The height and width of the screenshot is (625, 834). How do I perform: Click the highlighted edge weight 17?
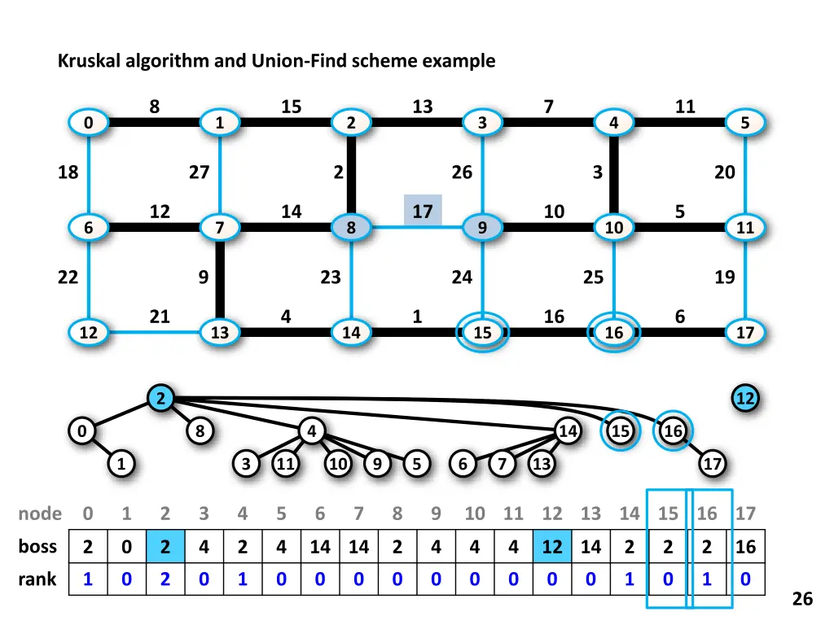[423, 212]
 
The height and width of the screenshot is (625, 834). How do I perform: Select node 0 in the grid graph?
[88, 123]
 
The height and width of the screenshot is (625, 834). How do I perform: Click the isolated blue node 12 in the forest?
[745, 399]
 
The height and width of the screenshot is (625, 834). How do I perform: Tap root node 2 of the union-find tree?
[161, 399]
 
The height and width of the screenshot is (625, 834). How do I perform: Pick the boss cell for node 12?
[552, 547]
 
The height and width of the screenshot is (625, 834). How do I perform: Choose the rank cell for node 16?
[707, 579]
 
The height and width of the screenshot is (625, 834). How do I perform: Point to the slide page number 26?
[802, 599]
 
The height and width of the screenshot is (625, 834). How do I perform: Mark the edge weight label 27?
[199, 173]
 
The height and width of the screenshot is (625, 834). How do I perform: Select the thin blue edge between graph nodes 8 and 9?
[417, 228]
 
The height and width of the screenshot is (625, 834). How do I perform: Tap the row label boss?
[37, 547]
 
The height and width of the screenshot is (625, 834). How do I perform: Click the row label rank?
[37, 579]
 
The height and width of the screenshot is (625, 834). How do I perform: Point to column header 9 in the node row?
[436, 514]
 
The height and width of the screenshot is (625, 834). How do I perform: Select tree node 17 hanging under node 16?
[713, 464]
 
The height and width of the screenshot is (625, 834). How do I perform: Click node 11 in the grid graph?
[745, 228]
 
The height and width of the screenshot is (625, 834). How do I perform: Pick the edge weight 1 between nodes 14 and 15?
[417, 316]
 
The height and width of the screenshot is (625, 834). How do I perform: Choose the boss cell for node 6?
[320, 547]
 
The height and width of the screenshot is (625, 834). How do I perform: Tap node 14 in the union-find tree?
[568, 431]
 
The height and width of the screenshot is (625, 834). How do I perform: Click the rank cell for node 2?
[165, 579]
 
